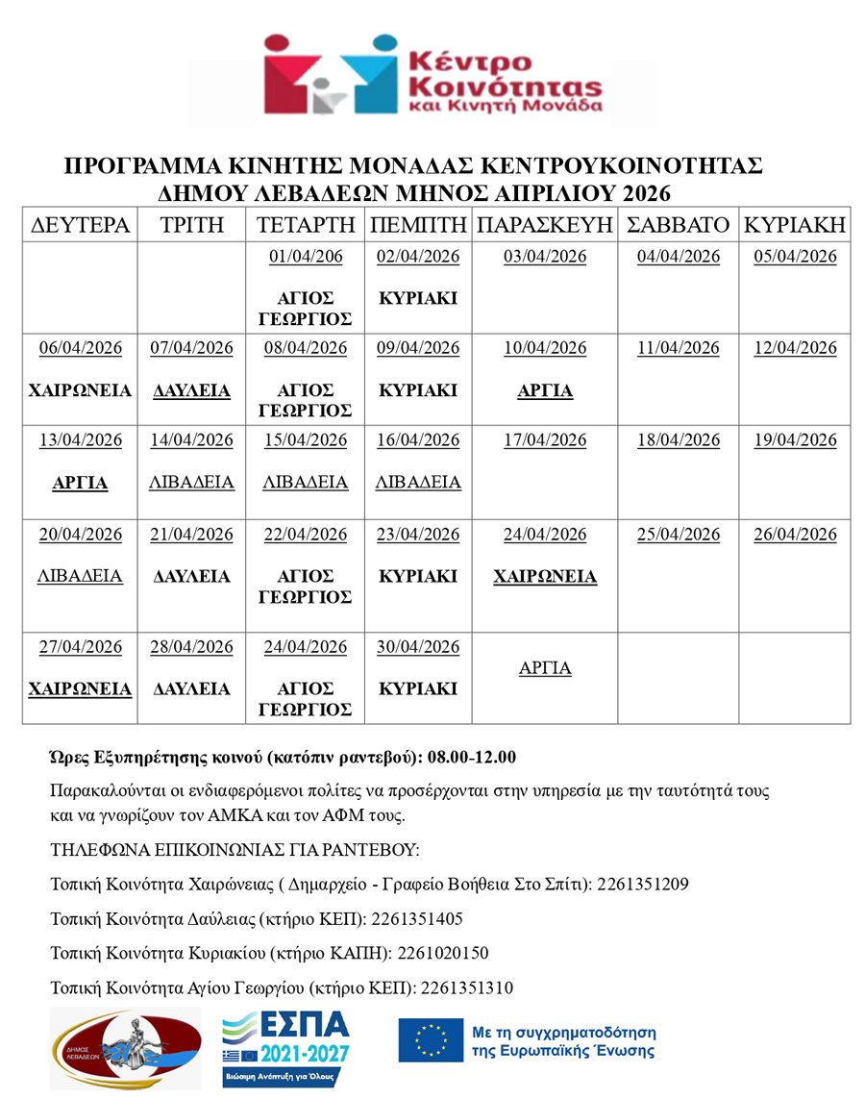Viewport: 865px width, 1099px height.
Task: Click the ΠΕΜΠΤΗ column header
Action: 418,226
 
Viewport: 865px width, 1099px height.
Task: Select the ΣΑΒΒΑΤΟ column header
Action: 678,226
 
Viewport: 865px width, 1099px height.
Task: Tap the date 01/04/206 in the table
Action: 306,257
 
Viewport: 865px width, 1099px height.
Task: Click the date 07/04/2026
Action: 191,348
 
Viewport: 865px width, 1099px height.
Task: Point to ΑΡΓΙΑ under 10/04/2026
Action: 545,391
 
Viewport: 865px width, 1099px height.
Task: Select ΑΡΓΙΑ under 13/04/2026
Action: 80,483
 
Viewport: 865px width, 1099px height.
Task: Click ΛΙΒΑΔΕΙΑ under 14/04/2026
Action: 191,483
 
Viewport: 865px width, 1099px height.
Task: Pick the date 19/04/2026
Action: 795,440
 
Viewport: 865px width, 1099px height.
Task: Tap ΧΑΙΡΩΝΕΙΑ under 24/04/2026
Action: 545,577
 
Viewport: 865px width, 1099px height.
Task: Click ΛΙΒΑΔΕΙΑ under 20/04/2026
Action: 80,577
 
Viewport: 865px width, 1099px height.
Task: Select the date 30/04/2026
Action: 418,647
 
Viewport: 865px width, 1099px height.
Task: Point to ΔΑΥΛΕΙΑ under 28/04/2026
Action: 191,689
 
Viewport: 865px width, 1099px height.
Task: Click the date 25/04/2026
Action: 678,535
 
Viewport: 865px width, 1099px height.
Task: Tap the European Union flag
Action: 430,1039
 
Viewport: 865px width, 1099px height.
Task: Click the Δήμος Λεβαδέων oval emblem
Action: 126,1047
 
